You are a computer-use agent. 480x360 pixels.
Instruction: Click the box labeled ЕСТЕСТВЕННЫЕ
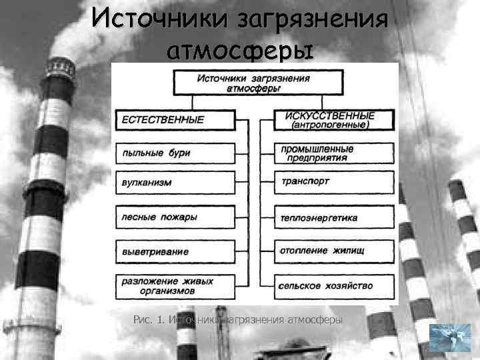click(175, 120)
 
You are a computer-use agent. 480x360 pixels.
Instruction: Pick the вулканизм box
click(175, 182)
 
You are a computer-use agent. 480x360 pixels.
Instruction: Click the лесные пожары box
click(175, 217)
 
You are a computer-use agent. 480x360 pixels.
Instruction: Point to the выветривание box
click(175, 251)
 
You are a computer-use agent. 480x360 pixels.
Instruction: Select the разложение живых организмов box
click(175, 286)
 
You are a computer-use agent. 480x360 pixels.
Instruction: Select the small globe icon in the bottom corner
click(449, 337)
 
